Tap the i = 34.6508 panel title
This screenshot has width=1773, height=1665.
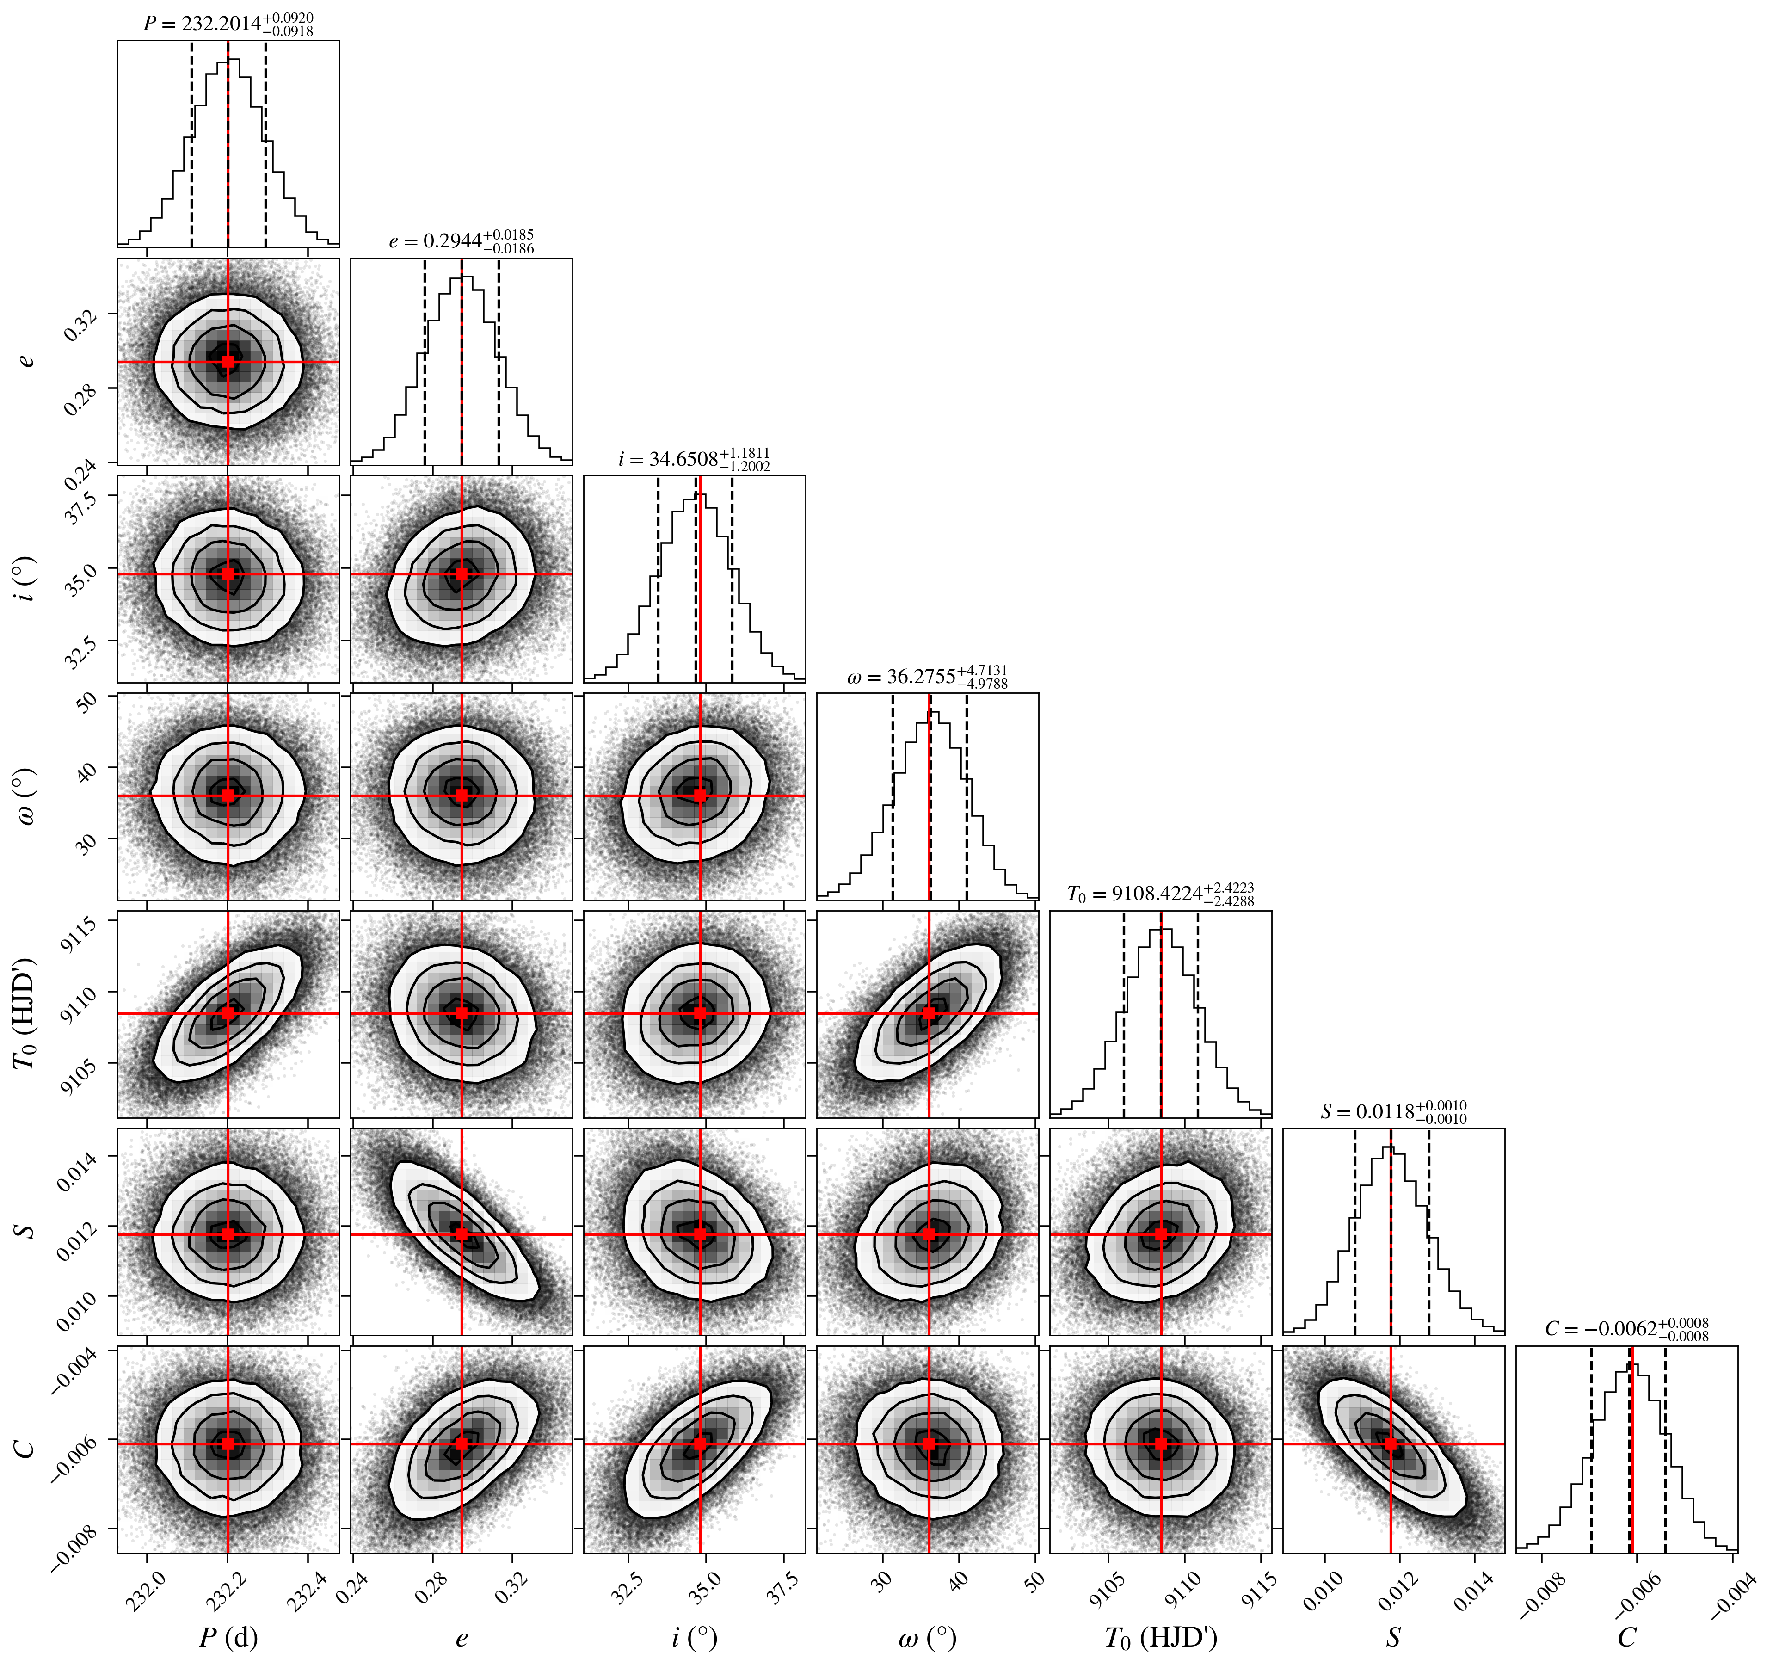[694, 459]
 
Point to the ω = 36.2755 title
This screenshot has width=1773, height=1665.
[928, 677]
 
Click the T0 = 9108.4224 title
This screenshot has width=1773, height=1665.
[1160, 894]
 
